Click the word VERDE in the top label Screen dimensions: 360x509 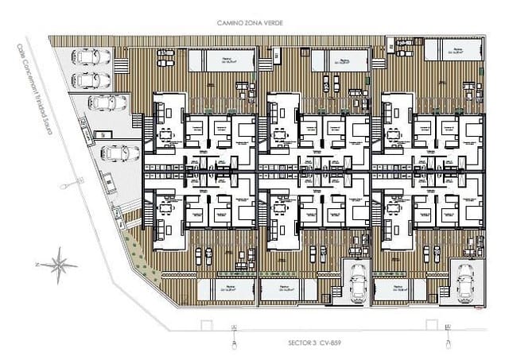point(271,24)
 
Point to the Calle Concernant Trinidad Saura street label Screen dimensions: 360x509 point(39,99)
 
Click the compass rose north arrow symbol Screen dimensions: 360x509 point(58,261)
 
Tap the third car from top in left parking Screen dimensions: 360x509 point(103,103)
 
